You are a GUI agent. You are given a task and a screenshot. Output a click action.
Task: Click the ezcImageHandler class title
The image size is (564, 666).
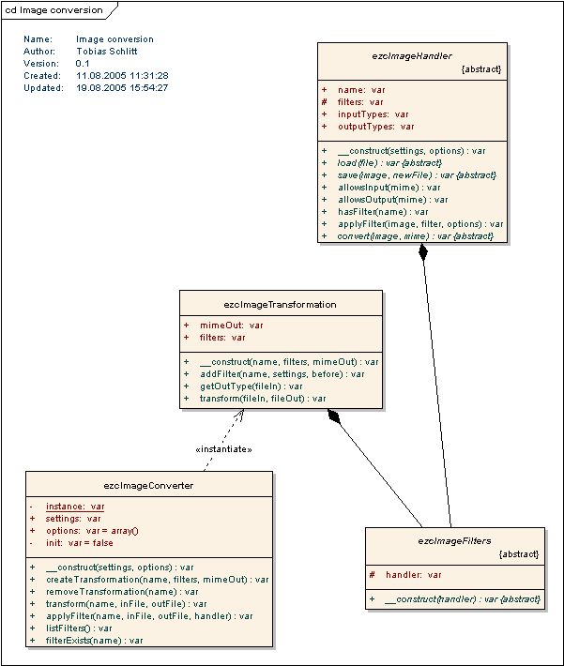[x=412, y=56]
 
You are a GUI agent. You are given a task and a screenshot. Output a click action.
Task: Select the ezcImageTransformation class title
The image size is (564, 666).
[x=280, y=304]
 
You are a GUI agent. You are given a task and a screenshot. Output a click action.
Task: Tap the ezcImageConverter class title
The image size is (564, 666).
[x=148, y=485]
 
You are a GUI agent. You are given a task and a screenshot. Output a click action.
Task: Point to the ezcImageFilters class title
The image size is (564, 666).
[x=454, y=540]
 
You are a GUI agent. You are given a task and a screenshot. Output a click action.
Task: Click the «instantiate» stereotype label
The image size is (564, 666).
[x=222, y=449]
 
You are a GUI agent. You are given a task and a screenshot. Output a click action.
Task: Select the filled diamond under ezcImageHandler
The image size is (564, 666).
[x=423, y=252]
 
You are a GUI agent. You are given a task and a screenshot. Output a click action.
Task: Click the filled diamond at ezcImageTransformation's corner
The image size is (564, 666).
[x=333, y=417]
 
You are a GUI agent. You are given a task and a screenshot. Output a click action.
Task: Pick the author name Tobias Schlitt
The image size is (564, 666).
[x=106, y=52]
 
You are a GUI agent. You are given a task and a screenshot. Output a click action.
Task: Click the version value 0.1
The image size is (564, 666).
[x=83, y=64]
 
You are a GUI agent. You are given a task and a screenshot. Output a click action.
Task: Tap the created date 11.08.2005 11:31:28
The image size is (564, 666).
[x=122, y=76]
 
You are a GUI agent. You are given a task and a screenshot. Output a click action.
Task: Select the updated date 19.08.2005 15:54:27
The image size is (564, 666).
[x=122, y=88]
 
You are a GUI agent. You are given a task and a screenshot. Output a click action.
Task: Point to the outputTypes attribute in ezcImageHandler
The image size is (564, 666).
[x=375, y=127]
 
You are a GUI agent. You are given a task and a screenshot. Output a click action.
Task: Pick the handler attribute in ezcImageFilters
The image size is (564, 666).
[x=413, y=575]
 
